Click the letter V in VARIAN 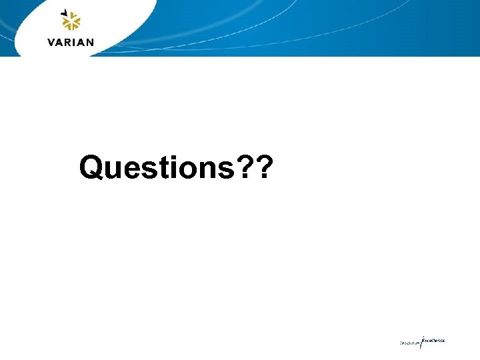(53, 42)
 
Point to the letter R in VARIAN (69, 42)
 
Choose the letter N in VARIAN (90, 42)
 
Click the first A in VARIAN (61, 42)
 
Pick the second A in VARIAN (82, 42)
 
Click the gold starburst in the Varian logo (71, 24)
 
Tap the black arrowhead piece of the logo (63, 12)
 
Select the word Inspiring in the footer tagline (410, 343)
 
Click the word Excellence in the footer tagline (433, 340)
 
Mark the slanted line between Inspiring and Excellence (421, 342)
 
